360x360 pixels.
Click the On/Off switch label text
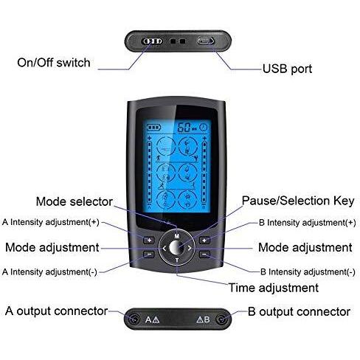point(54,63)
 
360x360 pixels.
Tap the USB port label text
point(287,69)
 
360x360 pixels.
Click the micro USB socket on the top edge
point(206,41)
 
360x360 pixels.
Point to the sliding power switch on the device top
point(153,41)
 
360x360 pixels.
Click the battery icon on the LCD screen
point(153,128)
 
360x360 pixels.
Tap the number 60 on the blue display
point(184,128)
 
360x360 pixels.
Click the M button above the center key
point(177,236)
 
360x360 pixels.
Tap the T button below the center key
point(177,260)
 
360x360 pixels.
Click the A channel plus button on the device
point(149,240)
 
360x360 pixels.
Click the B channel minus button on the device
point(204,255)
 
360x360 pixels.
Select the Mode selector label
point(75,201)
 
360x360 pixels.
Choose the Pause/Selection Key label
point(298,201)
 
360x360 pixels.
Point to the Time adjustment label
point(274,288)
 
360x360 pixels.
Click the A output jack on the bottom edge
point(134,319)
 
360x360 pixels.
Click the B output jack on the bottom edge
point(221,319)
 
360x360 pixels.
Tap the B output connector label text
point(299,312)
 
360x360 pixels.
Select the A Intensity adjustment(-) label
point(49,272)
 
